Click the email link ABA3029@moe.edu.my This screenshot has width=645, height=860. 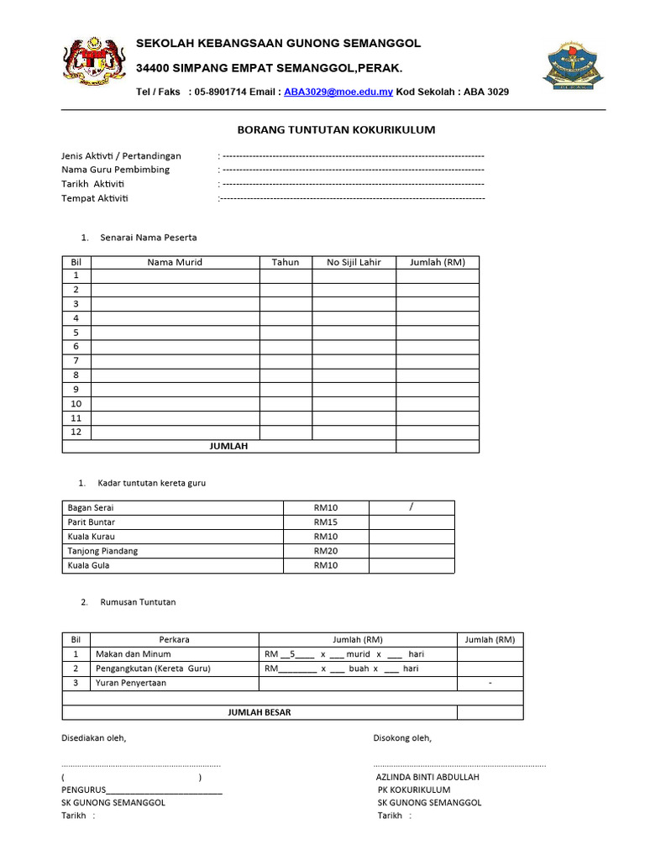tap(338, 92)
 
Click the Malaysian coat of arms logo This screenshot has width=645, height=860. tap(92, 63)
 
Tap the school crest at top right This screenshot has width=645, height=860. tap(574, 63)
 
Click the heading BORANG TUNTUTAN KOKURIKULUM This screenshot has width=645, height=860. tap(333, 130)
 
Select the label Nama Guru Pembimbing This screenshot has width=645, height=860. tap(115, 170)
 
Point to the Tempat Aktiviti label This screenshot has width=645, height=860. tap(95, 198)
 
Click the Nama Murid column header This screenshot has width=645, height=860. tap(175, 262)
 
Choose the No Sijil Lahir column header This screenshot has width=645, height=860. tap(354, 262)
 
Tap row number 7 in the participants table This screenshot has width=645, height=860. tap(76, 361)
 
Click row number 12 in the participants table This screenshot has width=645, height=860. tap(76, 432)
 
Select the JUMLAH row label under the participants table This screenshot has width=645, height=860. tap(228, 446)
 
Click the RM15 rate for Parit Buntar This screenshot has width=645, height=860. tap(326, 522)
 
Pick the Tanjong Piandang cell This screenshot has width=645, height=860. tap(102, 551)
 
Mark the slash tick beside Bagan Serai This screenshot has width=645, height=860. tap(412, 506)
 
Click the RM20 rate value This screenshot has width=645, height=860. tap(326, 551)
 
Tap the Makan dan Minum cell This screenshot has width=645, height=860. tap(133, 654)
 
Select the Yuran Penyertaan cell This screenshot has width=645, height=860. tap(131, 683)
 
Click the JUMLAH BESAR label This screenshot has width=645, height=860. tap(260, 712)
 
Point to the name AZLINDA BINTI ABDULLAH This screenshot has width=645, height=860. tap(427, 778)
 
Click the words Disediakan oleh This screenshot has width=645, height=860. tap(93, 738)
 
